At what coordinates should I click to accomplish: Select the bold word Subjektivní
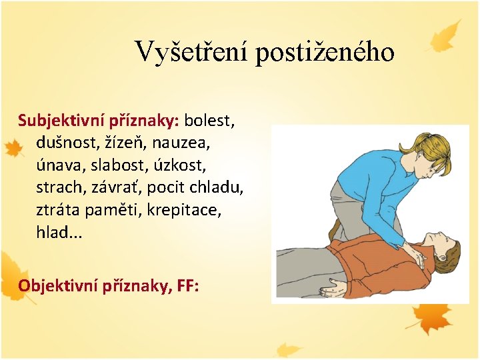(55, 121)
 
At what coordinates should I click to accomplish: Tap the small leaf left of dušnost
(13, 149)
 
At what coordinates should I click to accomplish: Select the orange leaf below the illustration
(432, 316)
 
